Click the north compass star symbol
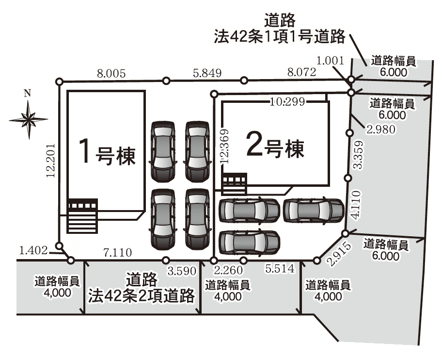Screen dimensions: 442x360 29,120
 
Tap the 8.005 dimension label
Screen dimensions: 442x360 111,74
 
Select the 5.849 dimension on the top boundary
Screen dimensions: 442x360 207,73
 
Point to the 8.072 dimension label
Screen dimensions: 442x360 301,72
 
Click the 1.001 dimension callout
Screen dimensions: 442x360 330,61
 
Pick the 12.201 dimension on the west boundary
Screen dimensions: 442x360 51,161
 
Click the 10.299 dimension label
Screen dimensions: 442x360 287,101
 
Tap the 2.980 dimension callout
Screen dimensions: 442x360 381,130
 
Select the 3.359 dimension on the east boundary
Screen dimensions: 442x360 358,155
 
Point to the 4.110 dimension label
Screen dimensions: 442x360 355,205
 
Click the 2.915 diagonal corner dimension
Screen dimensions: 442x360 340,254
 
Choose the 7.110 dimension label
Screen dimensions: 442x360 118,252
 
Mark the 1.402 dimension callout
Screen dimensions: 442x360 33,250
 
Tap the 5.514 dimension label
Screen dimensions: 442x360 280,269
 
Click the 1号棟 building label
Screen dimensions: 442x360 107,152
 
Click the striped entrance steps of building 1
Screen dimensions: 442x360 82,216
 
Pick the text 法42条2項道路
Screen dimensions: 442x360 142,295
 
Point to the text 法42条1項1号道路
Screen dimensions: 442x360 280,36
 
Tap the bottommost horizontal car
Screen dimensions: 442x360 250,243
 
